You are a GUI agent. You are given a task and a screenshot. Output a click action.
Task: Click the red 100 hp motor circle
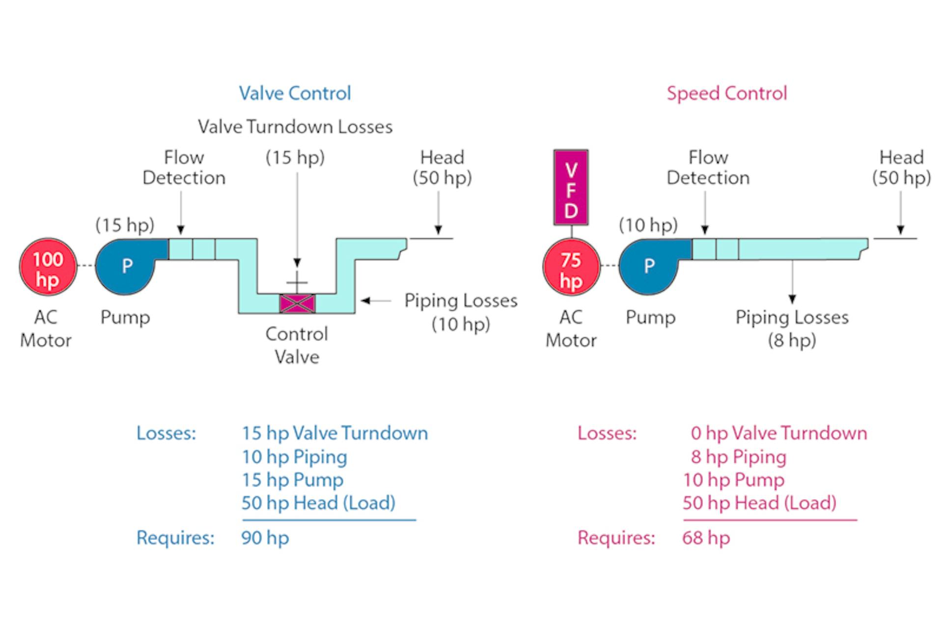click(48, 267)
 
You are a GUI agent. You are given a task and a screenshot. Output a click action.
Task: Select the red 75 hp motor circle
click(571, 267)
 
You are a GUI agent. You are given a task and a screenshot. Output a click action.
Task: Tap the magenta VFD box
click(571, 188)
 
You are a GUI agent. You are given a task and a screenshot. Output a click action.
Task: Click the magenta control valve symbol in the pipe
click(297, 303)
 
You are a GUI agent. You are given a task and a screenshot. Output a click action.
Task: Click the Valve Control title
click(295, 93)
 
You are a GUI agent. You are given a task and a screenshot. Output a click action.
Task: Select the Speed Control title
click(726, 93)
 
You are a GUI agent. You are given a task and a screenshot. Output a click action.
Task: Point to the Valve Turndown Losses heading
click(295, 127)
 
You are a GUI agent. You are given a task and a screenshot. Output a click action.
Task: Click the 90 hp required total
click(265, 538)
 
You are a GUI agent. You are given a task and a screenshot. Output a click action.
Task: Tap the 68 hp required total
click(706, 538)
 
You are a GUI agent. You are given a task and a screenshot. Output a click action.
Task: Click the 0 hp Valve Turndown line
click(778, 433)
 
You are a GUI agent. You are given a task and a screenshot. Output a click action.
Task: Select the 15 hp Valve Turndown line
click(334, 433)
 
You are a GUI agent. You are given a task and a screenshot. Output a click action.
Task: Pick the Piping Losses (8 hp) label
click(792, 328)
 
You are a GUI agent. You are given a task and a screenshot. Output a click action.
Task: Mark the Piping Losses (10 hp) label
click(461, 312)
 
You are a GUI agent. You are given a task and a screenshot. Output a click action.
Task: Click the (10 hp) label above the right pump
click(648, 225)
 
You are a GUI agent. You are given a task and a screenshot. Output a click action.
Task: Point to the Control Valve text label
click(297, 345)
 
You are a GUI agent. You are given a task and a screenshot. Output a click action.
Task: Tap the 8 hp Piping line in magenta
click(738, 457)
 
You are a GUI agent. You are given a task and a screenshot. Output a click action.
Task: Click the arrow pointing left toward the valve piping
click(375, 300)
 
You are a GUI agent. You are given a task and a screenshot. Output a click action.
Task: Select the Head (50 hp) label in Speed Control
click(901, 167)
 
